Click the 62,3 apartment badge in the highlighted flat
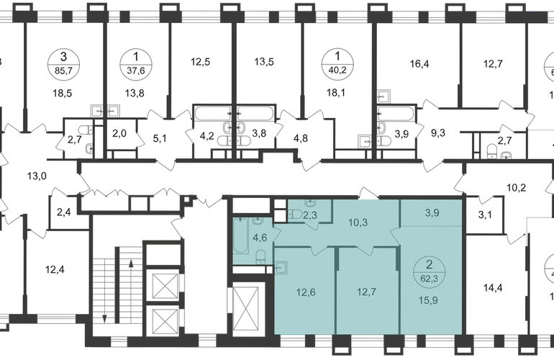[430, 271]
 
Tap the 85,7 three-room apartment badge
[63, 64]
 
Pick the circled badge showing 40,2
[337, 63]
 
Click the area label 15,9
[429, 300]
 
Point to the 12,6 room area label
[306, 293]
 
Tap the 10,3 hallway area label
[358, 222]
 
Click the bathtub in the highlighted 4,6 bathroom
[241, 236]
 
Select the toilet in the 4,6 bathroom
[260, 256]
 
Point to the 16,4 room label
[419, 64]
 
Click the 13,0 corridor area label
[37, 176]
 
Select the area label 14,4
[493, 288]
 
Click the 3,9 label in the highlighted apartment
[432, 213]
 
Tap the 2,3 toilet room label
[310, 215]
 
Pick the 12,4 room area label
[55, 270]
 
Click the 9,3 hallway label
[437, 133]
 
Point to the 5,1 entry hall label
[160, 138]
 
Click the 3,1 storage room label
[485, 215]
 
